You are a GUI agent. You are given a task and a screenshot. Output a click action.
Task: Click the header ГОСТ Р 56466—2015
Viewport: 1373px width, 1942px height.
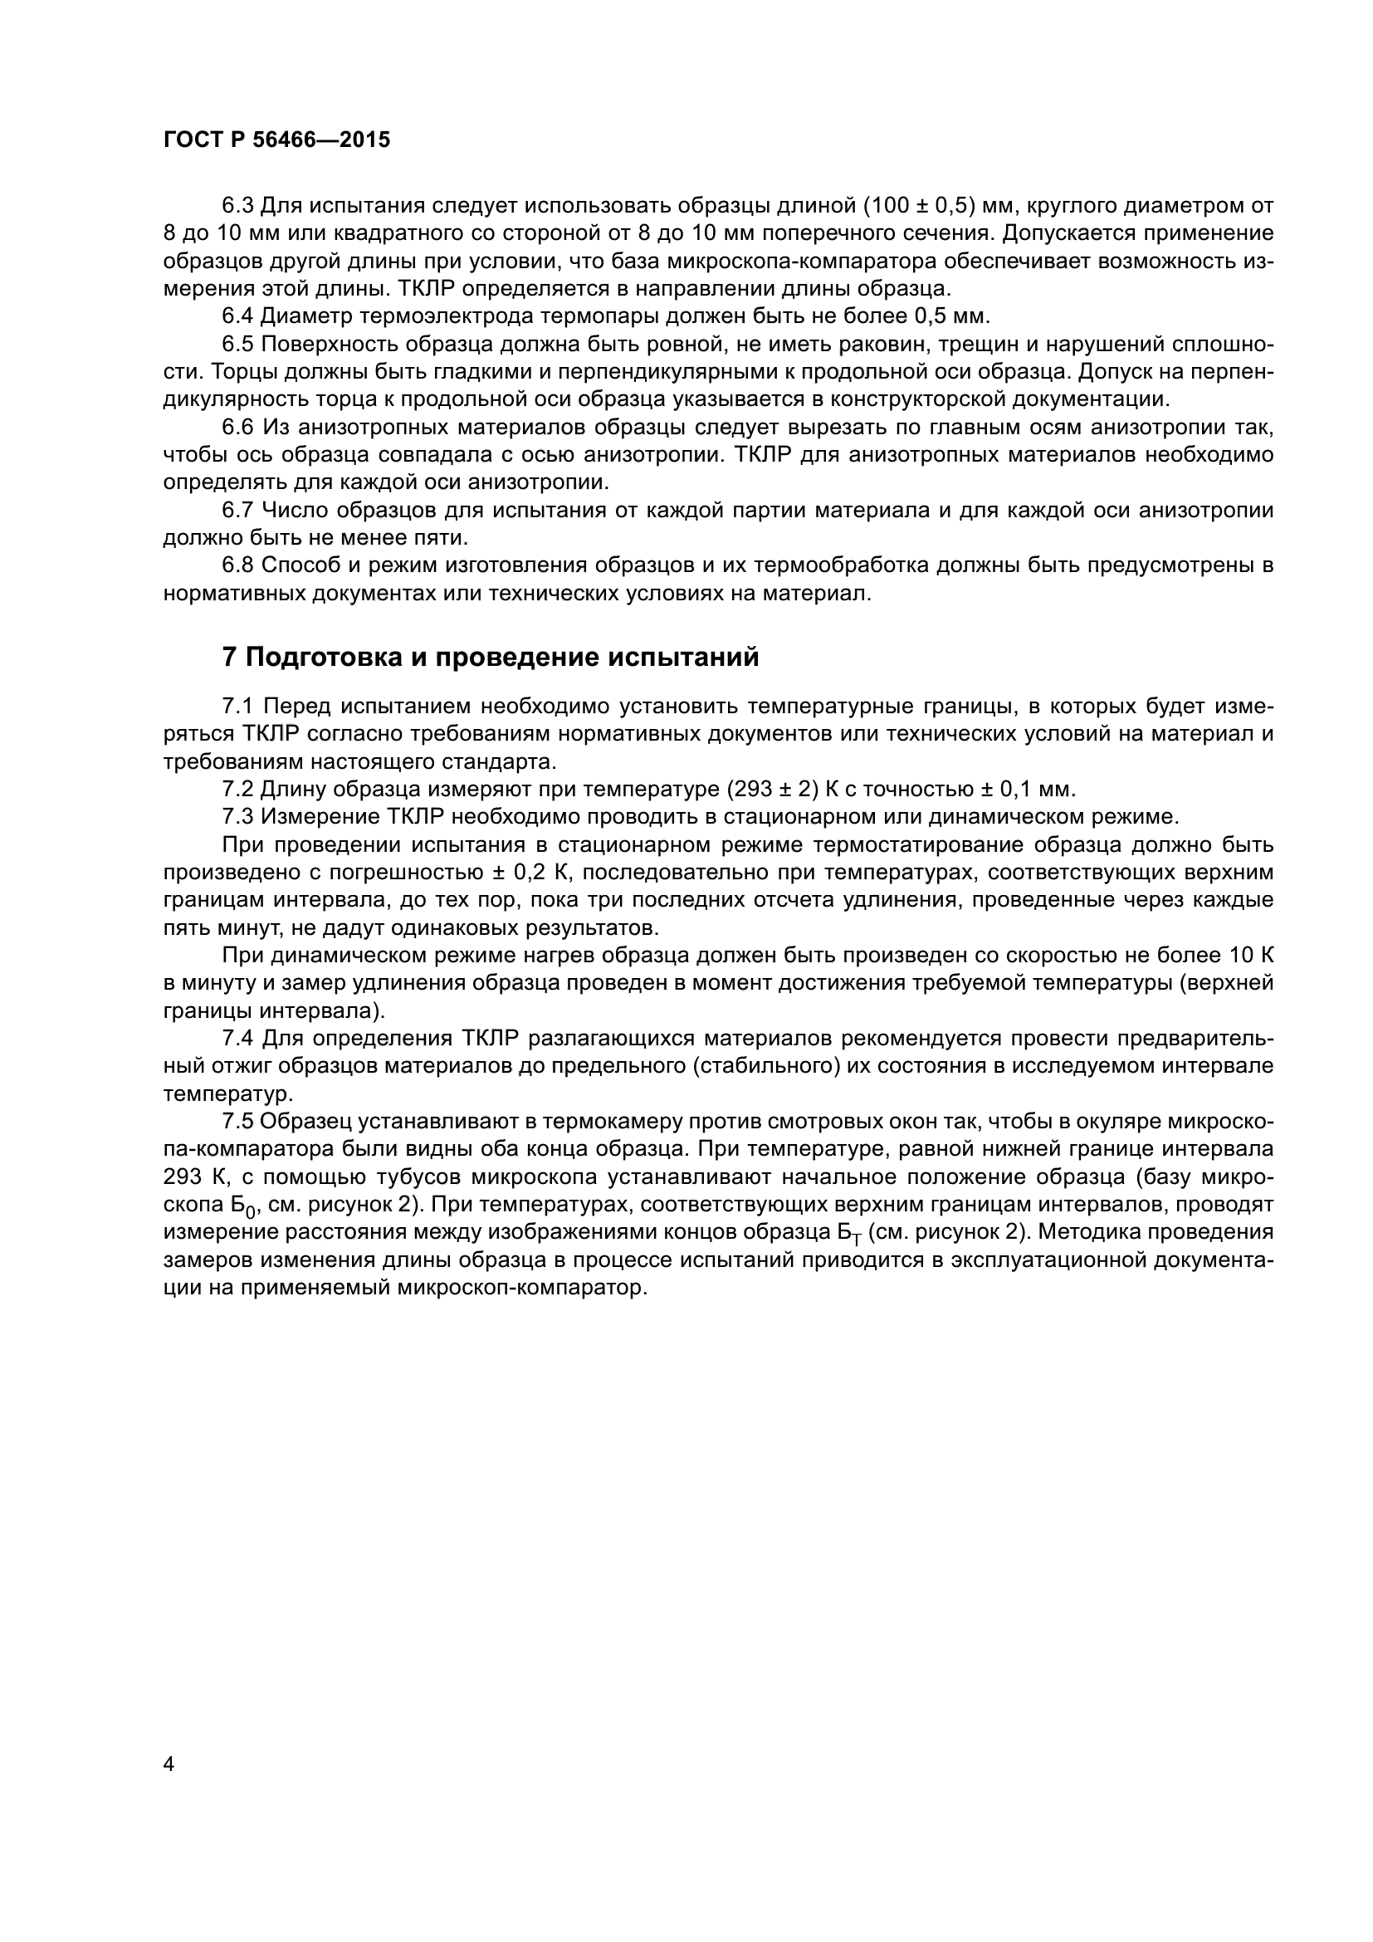[276, 140]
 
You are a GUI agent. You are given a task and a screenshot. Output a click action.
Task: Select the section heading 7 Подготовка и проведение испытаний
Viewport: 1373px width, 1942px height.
[490, 658]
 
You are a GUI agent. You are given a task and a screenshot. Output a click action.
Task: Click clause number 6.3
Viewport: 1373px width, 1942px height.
[237, 206]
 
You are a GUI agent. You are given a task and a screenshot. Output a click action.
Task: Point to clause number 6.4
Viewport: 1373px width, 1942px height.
[237, 316]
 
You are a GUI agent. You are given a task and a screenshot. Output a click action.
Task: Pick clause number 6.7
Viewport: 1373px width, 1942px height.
[237, 510]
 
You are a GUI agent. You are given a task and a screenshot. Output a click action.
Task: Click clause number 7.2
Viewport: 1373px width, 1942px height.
[237, 789]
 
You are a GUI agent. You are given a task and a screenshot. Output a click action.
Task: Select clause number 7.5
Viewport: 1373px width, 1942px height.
[237, 1122]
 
